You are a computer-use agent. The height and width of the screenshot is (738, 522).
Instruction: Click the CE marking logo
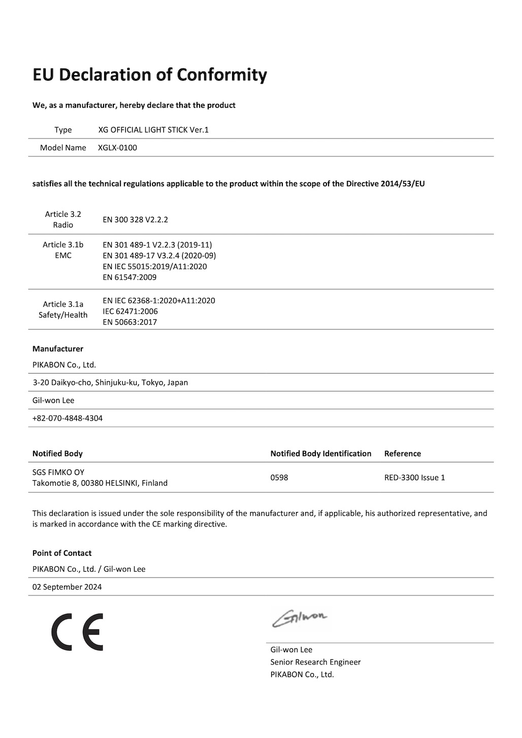coord(77,632)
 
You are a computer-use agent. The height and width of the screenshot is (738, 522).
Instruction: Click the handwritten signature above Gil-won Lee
coord(300,617)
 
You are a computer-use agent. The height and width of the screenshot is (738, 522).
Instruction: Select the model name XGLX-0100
coord(117,148)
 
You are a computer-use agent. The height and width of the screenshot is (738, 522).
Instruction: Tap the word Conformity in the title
coord(221,75)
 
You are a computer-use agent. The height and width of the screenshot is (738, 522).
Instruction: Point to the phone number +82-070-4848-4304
coord(68,418)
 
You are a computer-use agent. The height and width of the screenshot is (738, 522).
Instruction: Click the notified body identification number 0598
coord(279,478)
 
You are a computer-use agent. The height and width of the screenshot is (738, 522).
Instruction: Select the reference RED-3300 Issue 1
coord(414,478)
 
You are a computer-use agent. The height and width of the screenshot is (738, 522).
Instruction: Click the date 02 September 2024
coord(67,587)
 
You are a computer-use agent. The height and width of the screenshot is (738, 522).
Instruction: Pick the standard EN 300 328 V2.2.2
coord(135,220)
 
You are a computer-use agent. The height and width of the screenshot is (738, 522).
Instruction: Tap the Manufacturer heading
coord(58,349)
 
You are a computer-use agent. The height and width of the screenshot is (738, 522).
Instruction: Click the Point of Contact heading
coord(62,553)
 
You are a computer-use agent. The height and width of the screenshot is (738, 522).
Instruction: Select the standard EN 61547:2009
coord(129,277)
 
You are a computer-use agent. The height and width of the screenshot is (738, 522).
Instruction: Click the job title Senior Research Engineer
coord(315,662)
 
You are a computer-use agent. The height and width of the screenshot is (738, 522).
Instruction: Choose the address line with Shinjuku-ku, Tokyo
coord(110,382)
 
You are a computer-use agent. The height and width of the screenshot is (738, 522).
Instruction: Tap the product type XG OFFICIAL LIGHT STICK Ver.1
coord(153,130)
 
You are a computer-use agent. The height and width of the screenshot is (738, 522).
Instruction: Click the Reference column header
coord(403,453)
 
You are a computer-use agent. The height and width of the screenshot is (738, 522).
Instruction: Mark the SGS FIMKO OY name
coord(58,472)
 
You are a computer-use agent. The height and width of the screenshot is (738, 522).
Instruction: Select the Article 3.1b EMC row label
coord(63,250)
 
